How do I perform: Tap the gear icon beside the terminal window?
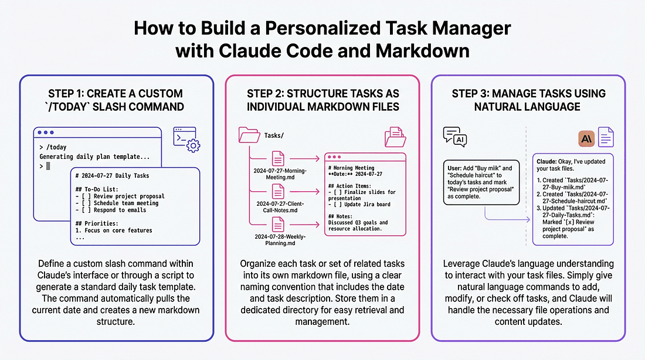click(x=192, y=145)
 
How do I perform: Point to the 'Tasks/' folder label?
click(x=274, y=135)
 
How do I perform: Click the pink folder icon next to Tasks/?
click(x=249, y=135)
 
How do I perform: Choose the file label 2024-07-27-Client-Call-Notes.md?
click(x=278, y=207)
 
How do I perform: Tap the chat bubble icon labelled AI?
click(x=456, y=136)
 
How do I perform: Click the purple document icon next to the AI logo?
click(x=606, y=137)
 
